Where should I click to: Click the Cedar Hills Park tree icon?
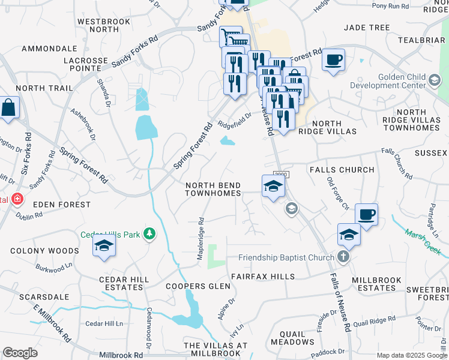[x=149, y=233]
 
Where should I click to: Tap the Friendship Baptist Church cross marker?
[x=343, y=257]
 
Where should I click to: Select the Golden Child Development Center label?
[x=409, y=85]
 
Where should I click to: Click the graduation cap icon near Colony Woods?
[x=104, y=247]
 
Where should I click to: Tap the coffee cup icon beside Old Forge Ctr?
[x=366, y=214]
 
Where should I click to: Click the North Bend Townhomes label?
[x=213, y=189]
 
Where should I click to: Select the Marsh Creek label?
[x=423, y=241]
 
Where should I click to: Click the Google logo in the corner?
[x=20, y=353]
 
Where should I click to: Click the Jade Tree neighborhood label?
[x=366, y=28]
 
